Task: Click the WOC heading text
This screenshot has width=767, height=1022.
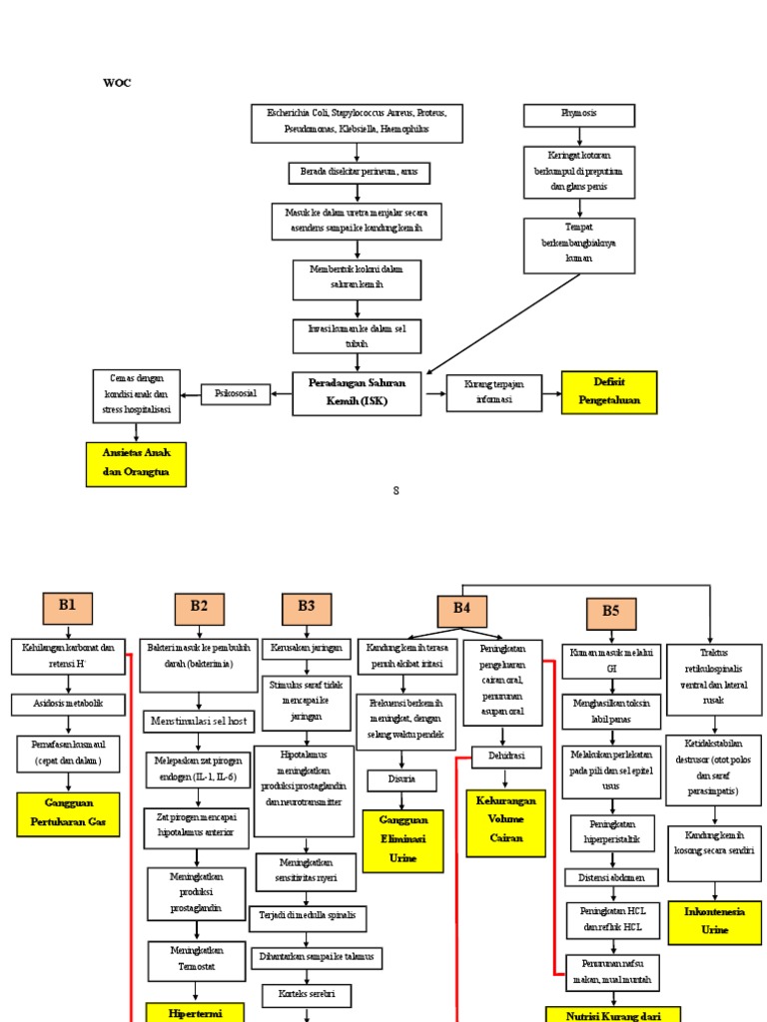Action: pyautogui.click(x=117, y=83)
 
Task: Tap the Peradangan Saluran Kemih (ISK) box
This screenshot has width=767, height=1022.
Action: pyautogui.click(x=356, y=393)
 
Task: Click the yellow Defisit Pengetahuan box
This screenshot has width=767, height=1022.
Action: pyautogui.click(x=609, y=391)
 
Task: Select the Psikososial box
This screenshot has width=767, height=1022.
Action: pyautogui.click(x=236, y=394)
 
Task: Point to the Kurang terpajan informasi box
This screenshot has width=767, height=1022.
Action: pyautogui.click(x=493, y=393)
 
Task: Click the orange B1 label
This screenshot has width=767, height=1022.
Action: pyautogui.click(x=67, y=607)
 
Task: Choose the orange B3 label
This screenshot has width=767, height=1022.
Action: pyautogui.click(x=306, y=607)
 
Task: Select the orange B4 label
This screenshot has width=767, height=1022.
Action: pyautogui.click(x=461, y=610)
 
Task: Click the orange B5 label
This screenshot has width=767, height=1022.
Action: pyautogui.click(x=610, y=614)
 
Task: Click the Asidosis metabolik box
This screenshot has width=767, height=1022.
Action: pyautogui.click(x=69, y=705)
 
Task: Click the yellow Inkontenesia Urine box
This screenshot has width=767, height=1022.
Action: pyautogui.click(x=714, y=921)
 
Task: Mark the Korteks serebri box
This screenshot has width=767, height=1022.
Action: pyautogui.click(x=306, y=994)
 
